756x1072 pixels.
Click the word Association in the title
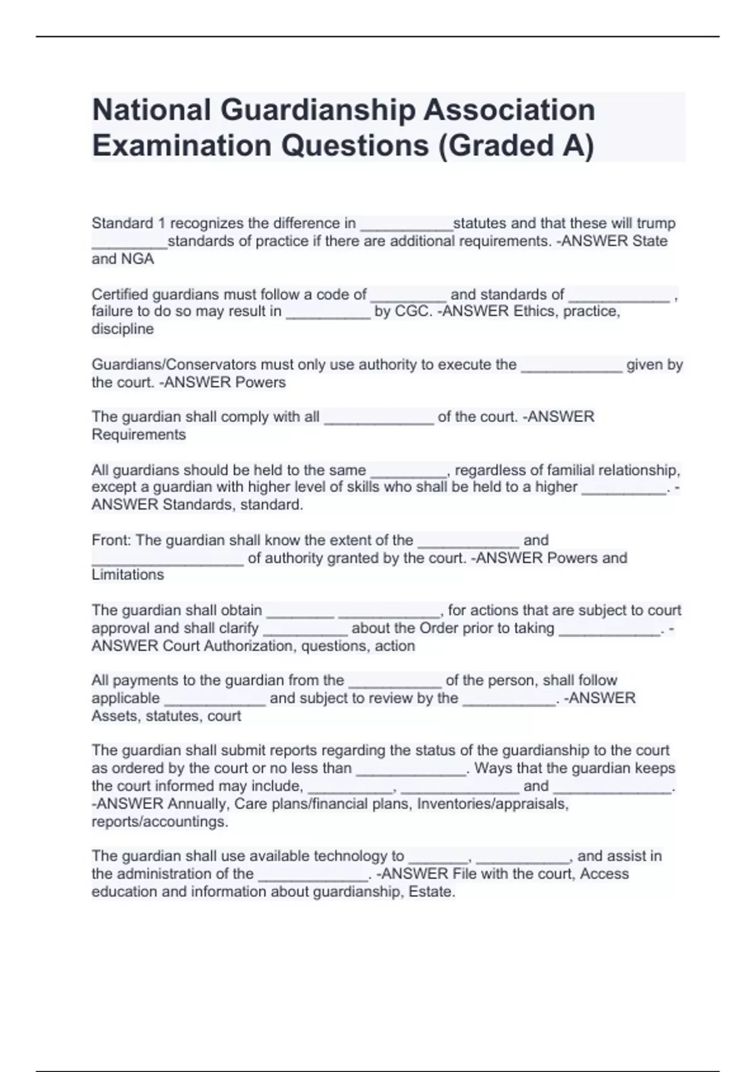pos(509,110)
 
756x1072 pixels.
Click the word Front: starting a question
pos(112,540)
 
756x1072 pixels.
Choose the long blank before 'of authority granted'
pos(168,563)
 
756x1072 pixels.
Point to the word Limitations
pos(127,575)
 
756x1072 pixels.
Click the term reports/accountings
pos(159,822)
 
